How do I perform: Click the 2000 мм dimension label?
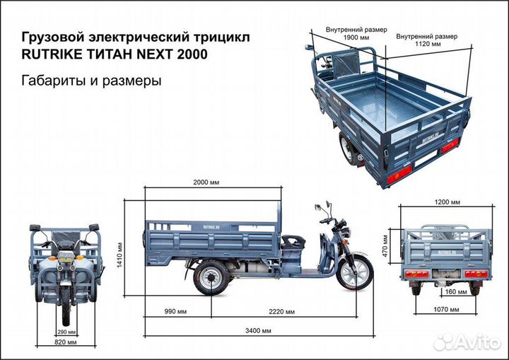205,182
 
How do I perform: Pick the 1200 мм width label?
447,202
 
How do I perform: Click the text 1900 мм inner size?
356,37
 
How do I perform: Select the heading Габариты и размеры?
93,81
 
